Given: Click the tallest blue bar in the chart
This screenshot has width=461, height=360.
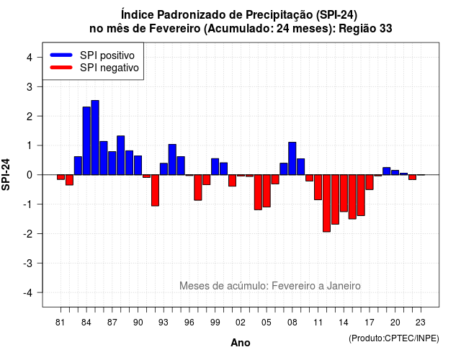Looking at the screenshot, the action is point(95,138).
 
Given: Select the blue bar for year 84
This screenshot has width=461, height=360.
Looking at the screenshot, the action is point(86,141).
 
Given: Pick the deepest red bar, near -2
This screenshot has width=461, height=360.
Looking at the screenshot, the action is point(326,203).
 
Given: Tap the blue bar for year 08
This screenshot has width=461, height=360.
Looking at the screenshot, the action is point(292,158).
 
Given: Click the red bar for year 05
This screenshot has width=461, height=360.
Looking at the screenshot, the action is point(267,191).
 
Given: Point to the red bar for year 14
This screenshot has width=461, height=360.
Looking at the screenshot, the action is point(344,193).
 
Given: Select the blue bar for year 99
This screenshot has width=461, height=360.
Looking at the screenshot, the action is point(215,166).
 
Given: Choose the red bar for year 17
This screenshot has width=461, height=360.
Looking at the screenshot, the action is point(370,182).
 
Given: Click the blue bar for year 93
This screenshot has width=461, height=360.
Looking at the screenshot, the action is point(164,169).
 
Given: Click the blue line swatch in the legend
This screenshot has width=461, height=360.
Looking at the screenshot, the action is point(61,55).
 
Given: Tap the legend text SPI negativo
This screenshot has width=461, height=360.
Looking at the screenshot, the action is point(109,68).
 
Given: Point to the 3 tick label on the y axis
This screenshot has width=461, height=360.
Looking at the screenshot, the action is point(30,86).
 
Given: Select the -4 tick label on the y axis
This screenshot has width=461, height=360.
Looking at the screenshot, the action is point(28,292).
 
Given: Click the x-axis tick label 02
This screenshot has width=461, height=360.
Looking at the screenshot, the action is point(241,323).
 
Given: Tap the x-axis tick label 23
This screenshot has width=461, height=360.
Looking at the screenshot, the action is point(421,323).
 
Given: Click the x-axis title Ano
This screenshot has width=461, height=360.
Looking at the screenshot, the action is point(241,343).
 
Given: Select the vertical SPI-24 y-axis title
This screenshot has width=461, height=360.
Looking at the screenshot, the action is point(6,174).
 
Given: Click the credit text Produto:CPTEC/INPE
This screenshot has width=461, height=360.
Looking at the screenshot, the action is point(394,338).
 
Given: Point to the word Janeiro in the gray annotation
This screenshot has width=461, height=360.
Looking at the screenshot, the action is point(344,286).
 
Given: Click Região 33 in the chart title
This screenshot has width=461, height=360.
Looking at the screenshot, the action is point(365,29).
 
